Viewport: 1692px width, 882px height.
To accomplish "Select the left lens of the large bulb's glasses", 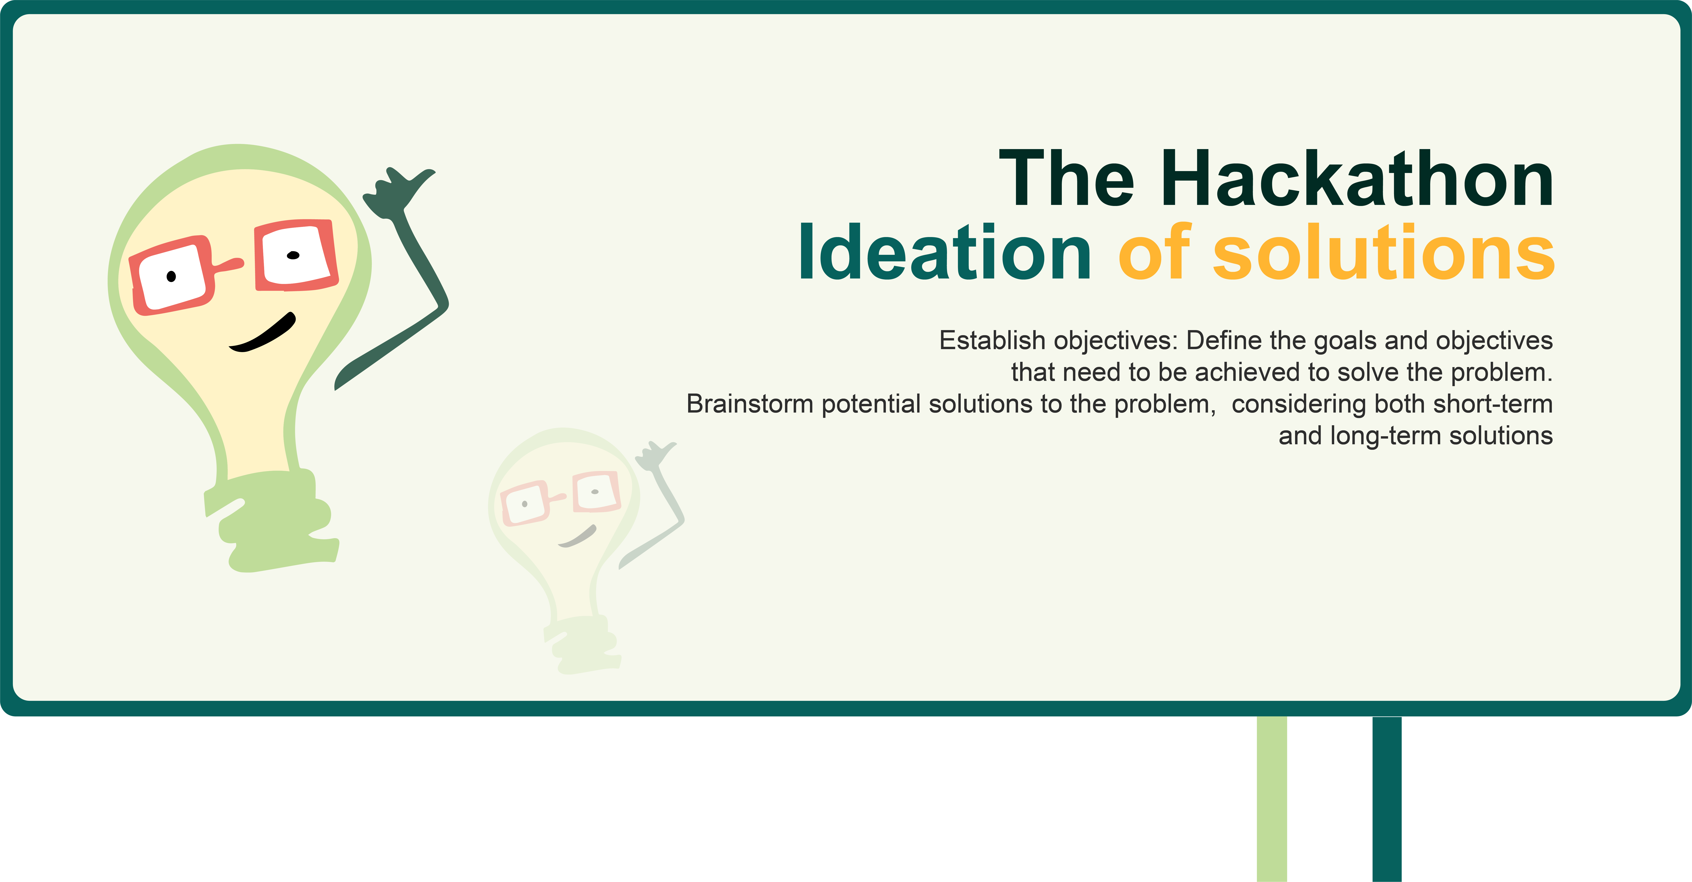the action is click(x=172, y=277).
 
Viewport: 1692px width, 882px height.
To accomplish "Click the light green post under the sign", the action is click(x=1272, y=799).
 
